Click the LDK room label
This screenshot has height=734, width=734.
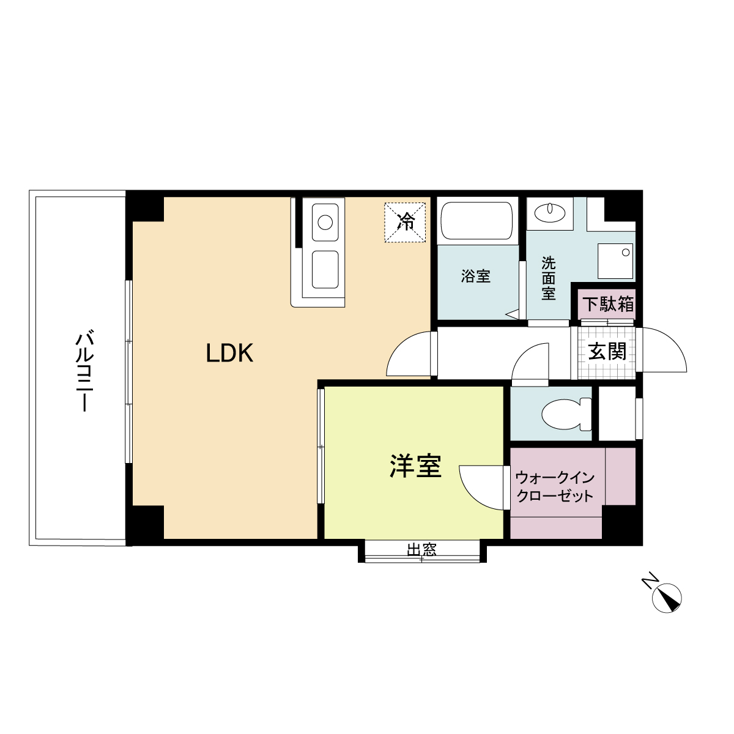coord(229,353)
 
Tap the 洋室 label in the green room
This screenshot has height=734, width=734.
coord(415,466)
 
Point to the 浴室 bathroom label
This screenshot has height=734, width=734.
coord(475,276)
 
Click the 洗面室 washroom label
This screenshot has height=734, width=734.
coord(549,278)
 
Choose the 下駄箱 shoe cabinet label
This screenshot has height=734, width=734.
coord(607,304)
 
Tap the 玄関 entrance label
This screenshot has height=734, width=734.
coord(607,352)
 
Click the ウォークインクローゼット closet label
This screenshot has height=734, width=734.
coord(555,486)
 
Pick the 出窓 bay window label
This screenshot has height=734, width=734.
coord(422,549)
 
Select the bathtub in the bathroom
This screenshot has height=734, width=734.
coord(476,221)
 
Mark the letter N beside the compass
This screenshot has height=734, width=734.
coord(650,580)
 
